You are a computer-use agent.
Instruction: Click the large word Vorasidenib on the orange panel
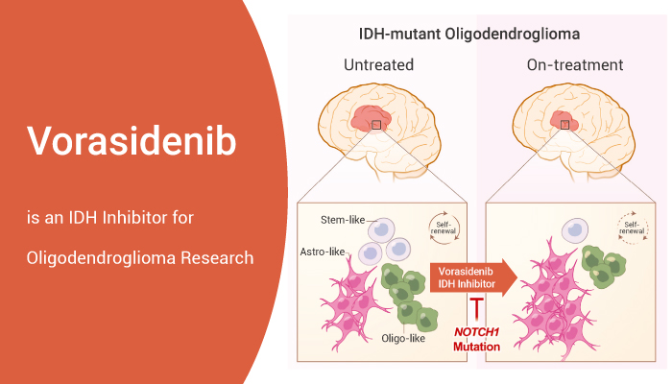(x=131, y=142)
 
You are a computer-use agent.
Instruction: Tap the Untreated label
(x=378, y=66)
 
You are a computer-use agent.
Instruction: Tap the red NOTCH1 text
(x=477, y=328)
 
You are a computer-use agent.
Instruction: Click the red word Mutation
(x=477, y=345)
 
